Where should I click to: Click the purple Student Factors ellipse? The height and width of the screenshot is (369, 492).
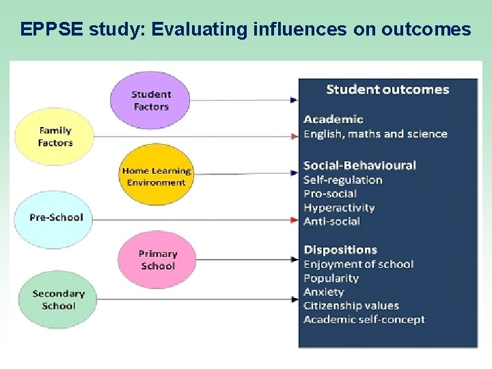click(x=151, y=100)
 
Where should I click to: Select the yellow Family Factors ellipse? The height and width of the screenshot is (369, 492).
click(x=55, y=137)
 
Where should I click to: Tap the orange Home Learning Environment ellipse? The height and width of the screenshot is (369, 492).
click(x=156, y=176)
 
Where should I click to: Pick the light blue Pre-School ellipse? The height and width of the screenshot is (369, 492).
click(x=56, y=217)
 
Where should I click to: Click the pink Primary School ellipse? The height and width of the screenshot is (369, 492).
click(x=158, y=260)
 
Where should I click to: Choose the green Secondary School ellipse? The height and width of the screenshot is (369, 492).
click(x=58, y=300)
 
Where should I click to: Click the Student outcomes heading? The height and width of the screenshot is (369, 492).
click(x=387, y=90)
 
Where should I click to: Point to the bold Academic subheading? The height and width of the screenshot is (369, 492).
click(x=333, y=120)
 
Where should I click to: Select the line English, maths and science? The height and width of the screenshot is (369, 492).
click(x=375, y=134)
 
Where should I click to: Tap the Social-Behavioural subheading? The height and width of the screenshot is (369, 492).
click(x=359, y=165)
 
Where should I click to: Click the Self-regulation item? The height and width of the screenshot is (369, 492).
click(x=342, y=180)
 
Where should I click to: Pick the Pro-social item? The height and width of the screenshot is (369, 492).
click(x=330, y=194)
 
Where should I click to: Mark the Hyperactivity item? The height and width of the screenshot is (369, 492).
click(x=339, y=208)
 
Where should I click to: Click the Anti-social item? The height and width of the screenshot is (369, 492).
click(x=331, y=221)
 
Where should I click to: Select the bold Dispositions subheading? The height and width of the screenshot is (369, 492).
click(x=340, y=250)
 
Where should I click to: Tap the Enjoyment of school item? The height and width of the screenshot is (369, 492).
click(x=358, y=264)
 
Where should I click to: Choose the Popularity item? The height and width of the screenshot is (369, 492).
click(x=331, y=278)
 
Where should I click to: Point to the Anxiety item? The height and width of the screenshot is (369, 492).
click(x=324, y=292)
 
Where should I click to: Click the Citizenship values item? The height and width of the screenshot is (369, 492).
click(x=351, y=305)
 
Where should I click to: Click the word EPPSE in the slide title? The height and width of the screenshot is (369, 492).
click(x=49, y=29)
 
